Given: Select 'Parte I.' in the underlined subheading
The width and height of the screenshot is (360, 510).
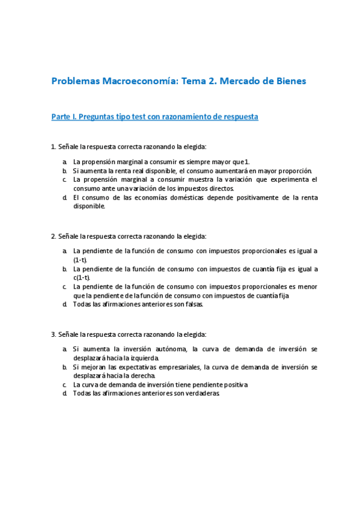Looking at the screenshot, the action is (65, 117).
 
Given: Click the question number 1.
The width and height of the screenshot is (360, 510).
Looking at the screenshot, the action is (53, 146).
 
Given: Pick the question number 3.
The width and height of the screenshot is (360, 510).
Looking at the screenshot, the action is (53, 334).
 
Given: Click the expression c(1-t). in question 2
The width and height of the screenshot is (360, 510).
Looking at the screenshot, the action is (82, 277).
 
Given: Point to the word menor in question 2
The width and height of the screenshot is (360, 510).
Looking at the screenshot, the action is (307, 286).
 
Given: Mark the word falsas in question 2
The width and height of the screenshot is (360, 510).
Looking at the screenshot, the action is (194, 304).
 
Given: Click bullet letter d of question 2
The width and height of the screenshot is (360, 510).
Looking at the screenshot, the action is (64, 304).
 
